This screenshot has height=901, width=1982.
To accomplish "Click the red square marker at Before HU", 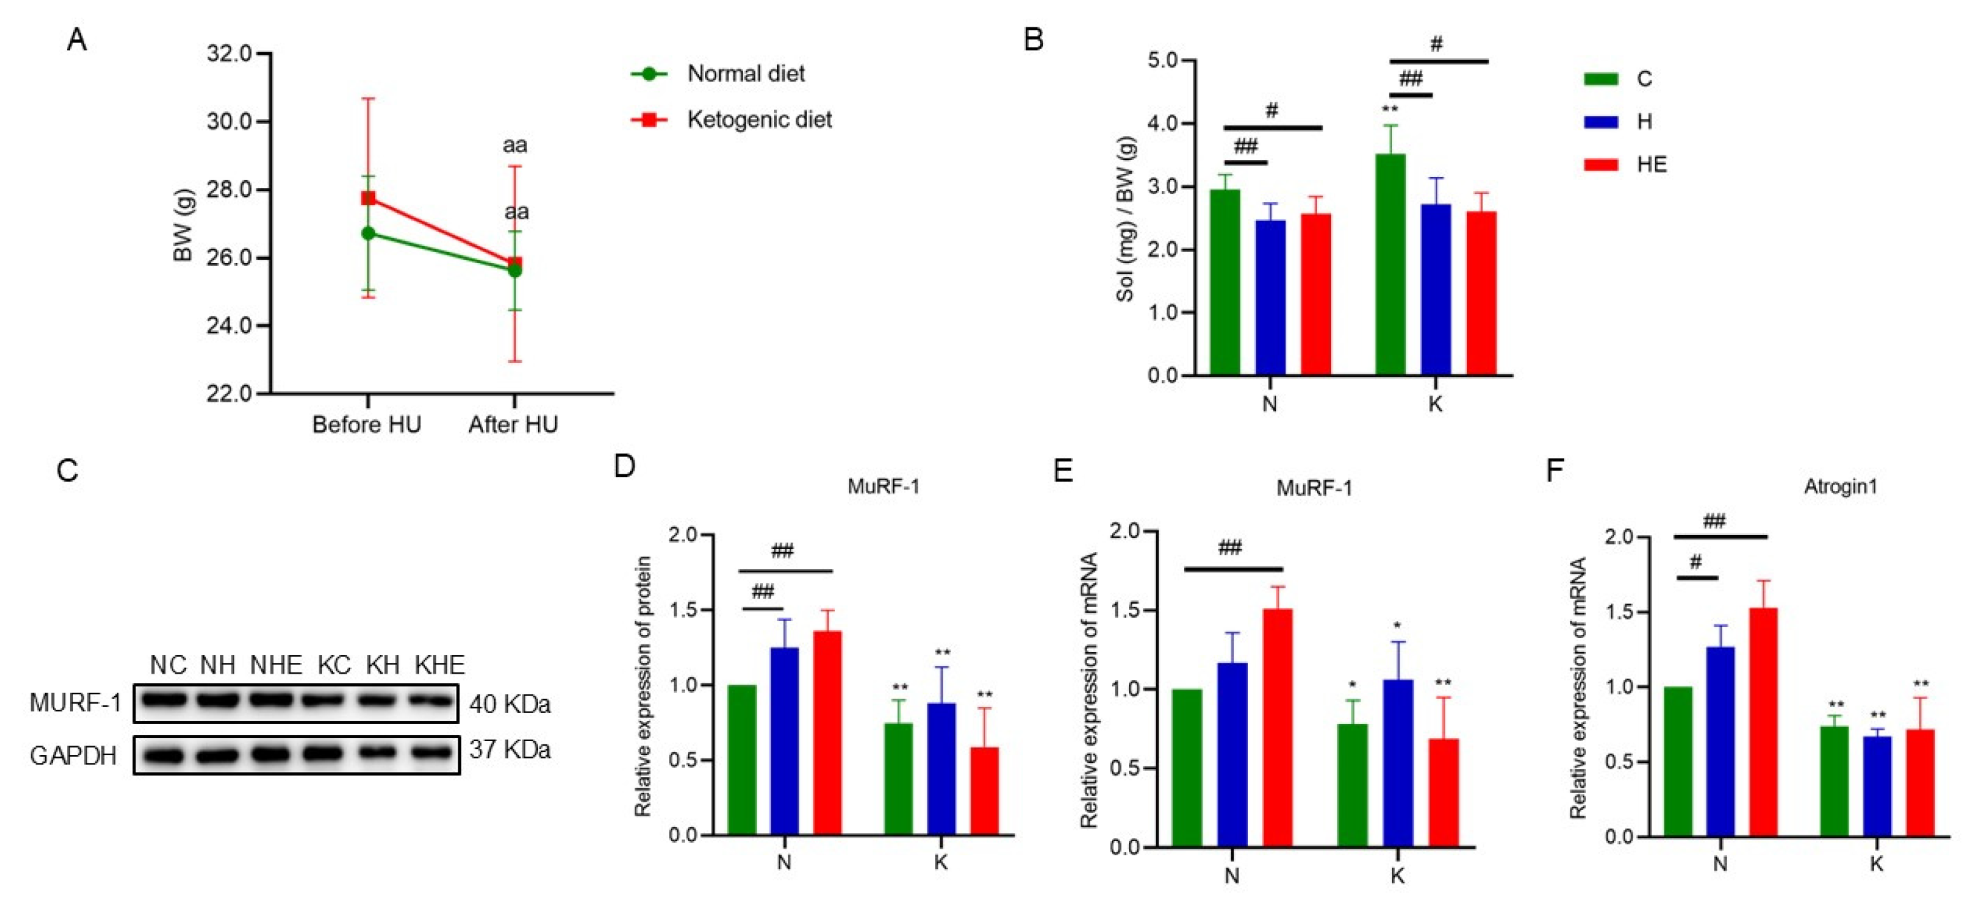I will [x=369, y=199].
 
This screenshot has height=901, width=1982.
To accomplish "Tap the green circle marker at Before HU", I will [x=369, y=233].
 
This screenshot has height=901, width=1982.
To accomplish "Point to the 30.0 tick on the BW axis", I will [x=228, y=122].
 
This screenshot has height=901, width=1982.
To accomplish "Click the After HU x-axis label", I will [x=513, y=425].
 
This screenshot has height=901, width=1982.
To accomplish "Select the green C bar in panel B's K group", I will [x=1390, y=266].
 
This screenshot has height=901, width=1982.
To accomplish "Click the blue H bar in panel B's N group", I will [x=1270, y=299].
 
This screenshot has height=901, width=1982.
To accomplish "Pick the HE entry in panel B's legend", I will [x=1650, y=165].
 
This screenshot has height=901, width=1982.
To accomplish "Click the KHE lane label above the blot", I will [x=439, y=665].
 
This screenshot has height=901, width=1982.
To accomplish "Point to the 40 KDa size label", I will [x=509, y=704].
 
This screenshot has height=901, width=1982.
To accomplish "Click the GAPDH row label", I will [x=73, y=756].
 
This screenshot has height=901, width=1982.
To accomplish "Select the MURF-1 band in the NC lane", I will [x=165, y=701].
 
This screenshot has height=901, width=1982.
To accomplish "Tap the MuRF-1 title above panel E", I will [x=1314, y=488].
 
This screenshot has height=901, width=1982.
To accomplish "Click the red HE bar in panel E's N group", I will [x=1278, y=728].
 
